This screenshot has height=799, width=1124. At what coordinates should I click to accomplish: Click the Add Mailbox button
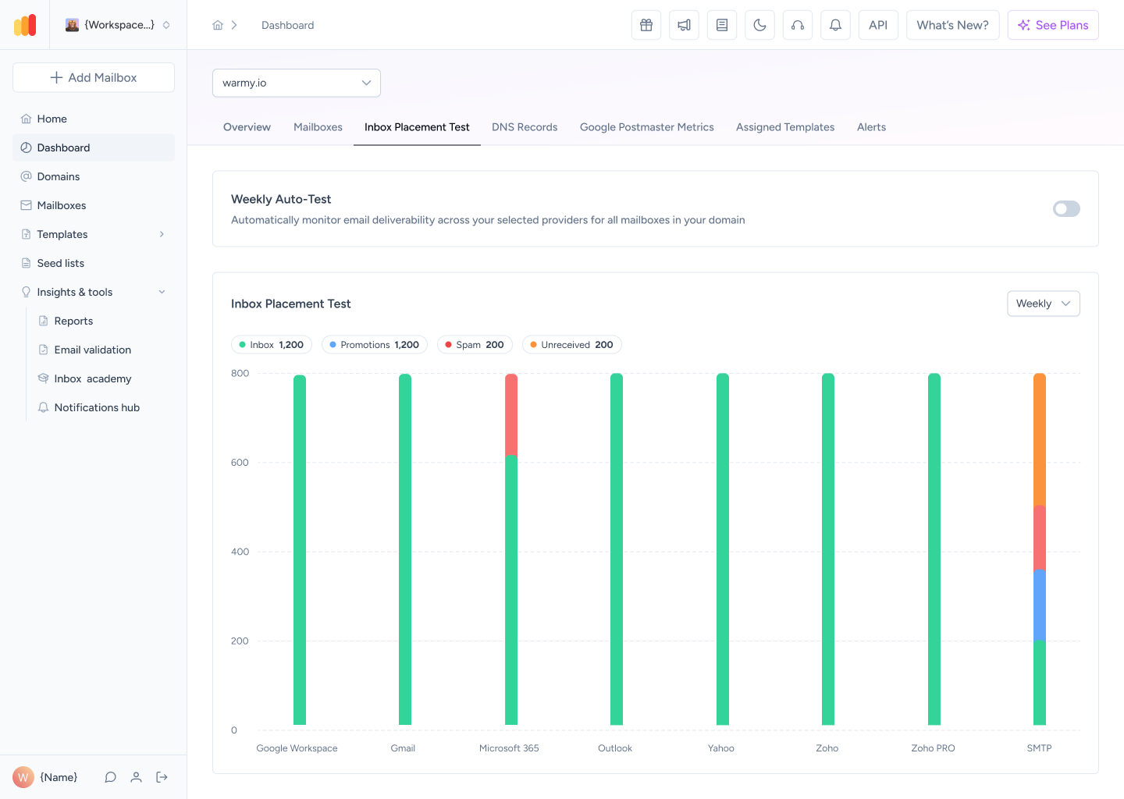[94, 77]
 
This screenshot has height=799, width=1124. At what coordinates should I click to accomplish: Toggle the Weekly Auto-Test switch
[1066, 208]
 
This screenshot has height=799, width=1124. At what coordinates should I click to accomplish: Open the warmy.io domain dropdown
[296, 83]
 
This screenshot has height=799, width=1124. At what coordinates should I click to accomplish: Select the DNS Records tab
[525, 127]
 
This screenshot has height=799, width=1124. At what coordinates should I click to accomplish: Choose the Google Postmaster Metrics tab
[647, 127]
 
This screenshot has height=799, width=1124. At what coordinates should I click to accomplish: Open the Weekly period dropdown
[1044, 304]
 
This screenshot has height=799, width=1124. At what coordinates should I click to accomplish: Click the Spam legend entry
[475, 345]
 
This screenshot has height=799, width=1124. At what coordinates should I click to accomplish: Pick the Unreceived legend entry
[572, 345]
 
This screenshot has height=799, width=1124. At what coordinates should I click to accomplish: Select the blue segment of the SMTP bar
[1040, 605]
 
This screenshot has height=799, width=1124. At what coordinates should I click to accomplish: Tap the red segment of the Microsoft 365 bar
[511, 415]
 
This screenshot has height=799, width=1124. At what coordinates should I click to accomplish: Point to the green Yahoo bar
[723, 549]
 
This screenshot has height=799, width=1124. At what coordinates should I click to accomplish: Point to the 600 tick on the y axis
[240, 463]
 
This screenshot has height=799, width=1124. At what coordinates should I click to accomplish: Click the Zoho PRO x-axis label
[933, 748]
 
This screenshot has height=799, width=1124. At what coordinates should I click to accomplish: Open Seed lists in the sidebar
[60, 263]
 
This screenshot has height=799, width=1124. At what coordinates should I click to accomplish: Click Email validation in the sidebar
[92, 350]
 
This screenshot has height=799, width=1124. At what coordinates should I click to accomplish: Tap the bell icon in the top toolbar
[835, 25]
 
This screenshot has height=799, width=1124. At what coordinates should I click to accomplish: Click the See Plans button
[1053, 25]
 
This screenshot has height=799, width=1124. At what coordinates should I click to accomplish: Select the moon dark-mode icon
[759, 25]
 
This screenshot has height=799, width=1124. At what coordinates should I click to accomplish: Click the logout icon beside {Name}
[162, 777]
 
